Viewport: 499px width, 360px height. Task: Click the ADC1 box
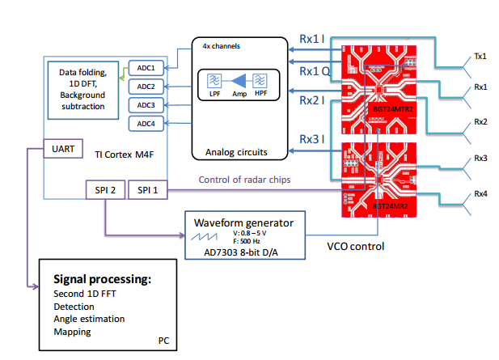click(x=146, y=68)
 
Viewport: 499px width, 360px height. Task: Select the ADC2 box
click(x=146, y=87)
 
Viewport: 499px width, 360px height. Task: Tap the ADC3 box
click(x=146, y=104)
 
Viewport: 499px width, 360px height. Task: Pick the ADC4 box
click(x=146, y=123)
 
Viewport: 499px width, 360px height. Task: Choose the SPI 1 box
click(x=150, y=191)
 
